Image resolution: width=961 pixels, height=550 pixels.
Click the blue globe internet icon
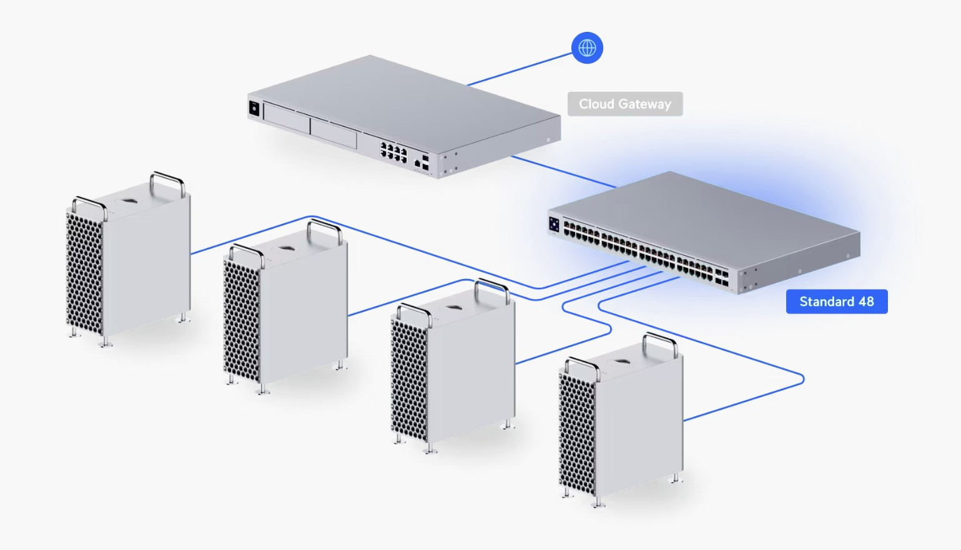pos(587,47)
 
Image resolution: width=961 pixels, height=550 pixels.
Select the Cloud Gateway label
pos(624,104)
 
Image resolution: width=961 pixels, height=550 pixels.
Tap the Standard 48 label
pos(836,302)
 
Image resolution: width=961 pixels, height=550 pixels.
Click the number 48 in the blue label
pos(866,302)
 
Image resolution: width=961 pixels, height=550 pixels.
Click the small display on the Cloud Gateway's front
pos(254,108)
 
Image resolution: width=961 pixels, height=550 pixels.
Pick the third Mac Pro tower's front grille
pos(409,378)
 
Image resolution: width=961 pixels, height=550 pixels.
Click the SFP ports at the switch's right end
pos(721,277)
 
